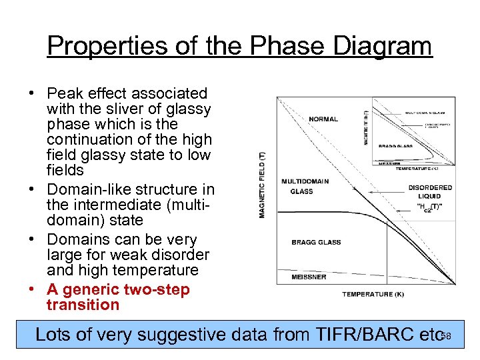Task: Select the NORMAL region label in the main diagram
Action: point(323,119)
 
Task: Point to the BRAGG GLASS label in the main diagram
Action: point(316,242)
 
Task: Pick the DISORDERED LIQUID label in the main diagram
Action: point(429,192)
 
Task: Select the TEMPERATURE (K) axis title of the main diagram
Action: point(373,294)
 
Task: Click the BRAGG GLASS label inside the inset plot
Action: point(395,145)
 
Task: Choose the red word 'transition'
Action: point(83,305)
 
